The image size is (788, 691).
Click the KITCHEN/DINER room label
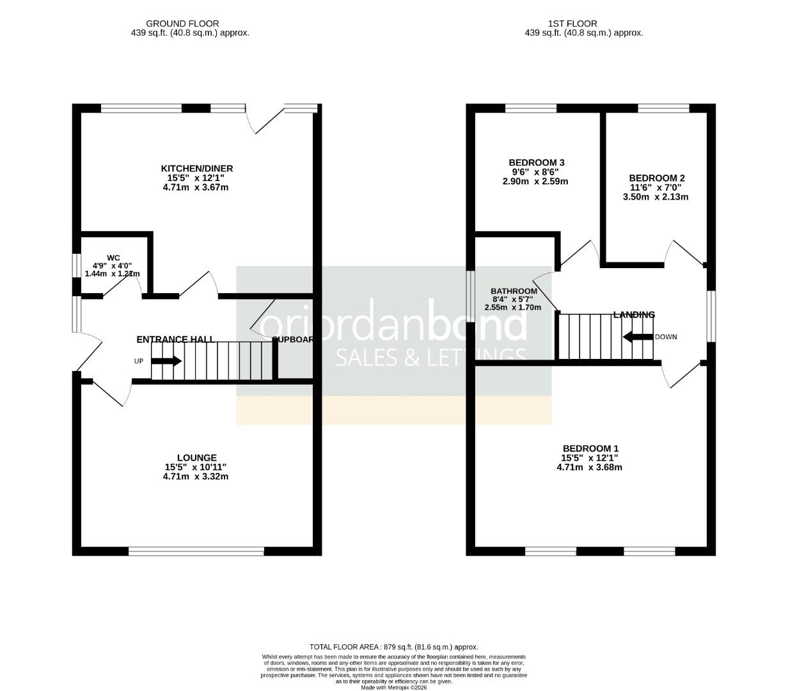click(196, 168)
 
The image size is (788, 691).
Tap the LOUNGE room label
click(196, 457)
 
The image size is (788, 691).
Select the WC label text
click(113, 258)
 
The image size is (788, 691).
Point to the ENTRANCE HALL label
click(175, 339)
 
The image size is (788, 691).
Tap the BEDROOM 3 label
click(536, 163)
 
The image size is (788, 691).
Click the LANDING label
click(634, 315)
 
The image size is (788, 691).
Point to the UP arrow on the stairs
click(166, 361)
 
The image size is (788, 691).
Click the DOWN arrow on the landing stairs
click(637, 337)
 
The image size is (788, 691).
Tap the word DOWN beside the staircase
click(666, 337)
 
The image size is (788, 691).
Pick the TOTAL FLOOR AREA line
click(393, 647)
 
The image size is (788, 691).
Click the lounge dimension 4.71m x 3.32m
click(196, 477)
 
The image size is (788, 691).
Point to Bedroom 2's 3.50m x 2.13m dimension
click(656, 197)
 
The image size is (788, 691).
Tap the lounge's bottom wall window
click(196, 550)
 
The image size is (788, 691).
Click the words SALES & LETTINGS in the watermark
click(432, 358)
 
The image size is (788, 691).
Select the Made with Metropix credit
click(393, 688)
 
